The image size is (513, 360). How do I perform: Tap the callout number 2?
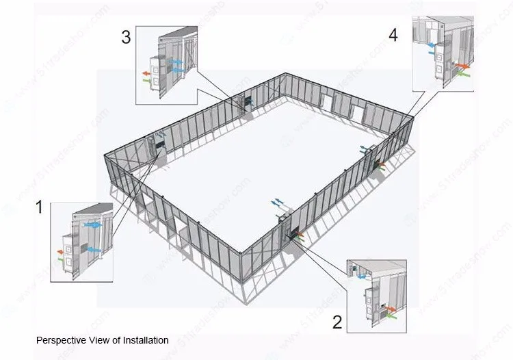pos(337,322)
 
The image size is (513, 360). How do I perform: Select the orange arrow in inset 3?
pos(145,71)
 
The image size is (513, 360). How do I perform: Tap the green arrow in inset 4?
pos(462,75)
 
